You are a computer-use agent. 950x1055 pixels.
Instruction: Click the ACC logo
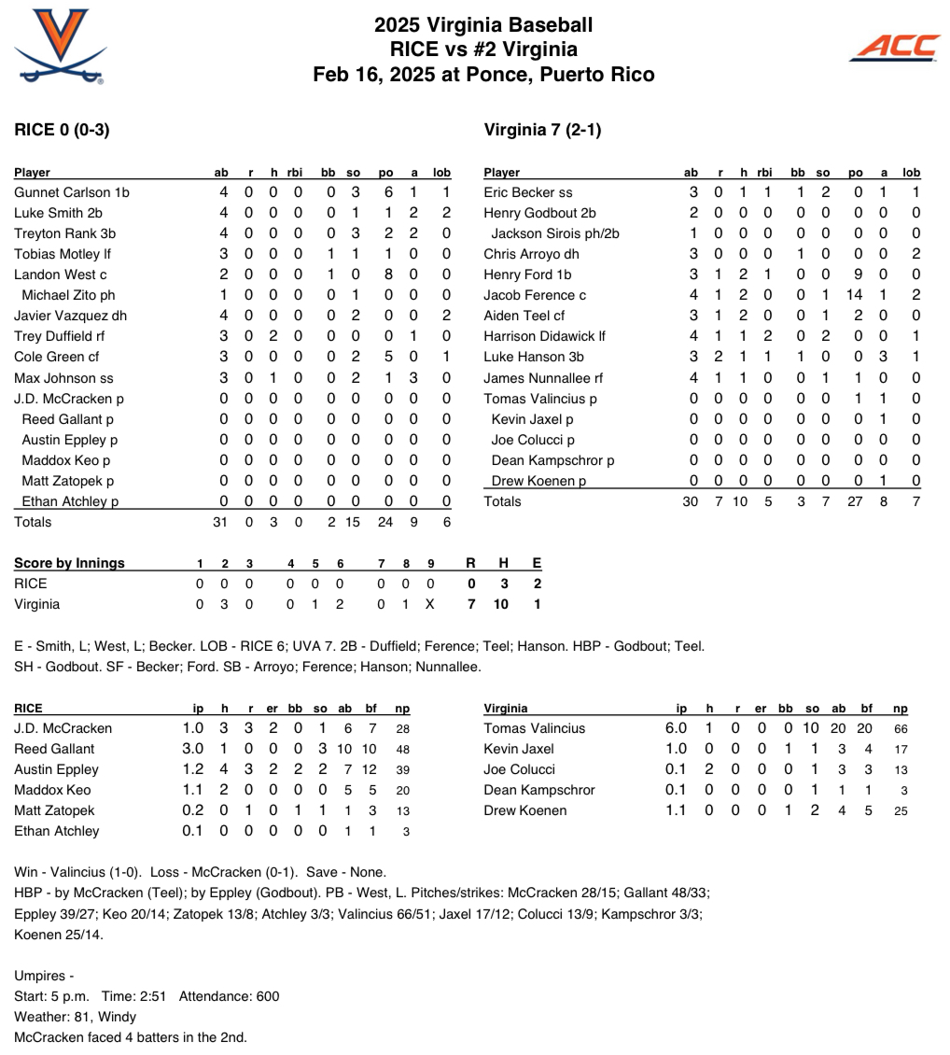pos(894,47)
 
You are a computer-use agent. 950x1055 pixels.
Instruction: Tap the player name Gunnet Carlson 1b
pos(72,192)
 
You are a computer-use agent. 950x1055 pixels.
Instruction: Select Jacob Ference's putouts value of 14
pos(855,295)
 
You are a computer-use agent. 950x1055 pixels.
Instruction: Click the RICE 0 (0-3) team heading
pos(62,130)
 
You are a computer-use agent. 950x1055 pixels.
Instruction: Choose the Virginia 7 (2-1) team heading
pos(543,130)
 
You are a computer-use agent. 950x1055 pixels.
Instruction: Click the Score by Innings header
pos(69,563)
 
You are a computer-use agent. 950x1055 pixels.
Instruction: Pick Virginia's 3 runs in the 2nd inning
pos(224,604)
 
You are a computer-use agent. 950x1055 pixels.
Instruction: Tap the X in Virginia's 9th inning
pos(429,604)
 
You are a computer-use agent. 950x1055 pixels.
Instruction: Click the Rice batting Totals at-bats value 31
pos(220,522)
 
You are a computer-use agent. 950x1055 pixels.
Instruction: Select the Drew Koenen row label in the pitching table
pos(525,810)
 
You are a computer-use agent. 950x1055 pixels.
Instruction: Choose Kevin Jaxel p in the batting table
pos(533,419)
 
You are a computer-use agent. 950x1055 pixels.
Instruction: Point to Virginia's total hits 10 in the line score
pos(501,604)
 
